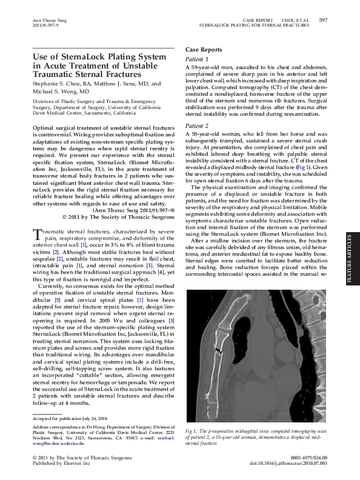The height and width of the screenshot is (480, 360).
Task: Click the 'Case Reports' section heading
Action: coord(203,49)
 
